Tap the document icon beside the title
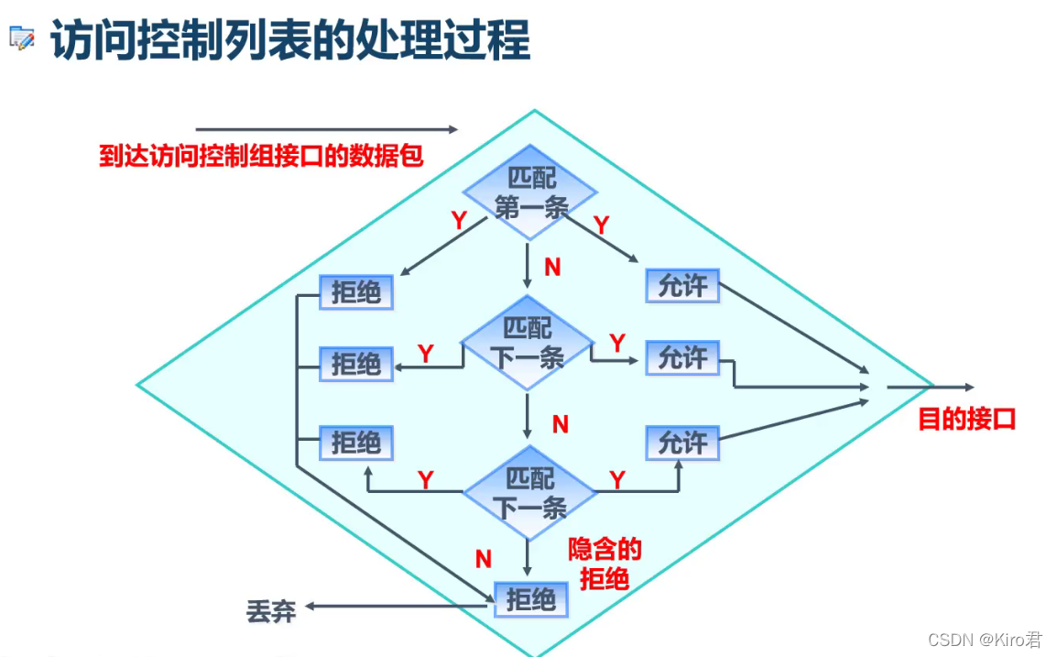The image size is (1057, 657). (x=21, y=38)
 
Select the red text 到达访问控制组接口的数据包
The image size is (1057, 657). (x=261, y=156)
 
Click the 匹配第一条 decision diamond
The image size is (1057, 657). (x=529, y=192)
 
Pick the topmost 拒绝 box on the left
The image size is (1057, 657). (x=356, y=292)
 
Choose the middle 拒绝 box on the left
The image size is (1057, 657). (x=355, y=364)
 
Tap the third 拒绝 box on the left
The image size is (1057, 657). (x=355, y=443)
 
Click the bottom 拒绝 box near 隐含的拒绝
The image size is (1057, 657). (x=531, y=600)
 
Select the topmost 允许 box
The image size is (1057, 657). (x=682, y=286)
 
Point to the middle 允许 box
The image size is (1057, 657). (x=682, y=358)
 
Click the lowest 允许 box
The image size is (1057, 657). (x=682, y=443)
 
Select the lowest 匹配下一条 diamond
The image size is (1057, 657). (x=529, y=492)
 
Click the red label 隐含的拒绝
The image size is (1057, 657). (x=605, y=564)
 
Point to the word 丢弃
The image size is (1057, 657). (x=271, y=611)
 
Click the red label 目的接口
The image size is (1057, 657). (x=967, y=420)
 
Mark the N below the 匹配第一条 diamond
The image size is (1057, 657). (x=552, y=267)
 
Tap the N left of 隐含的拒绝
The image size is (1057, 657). (x=484, y=558)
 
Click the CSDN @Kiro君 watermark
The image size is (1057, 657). (x=985, y=640)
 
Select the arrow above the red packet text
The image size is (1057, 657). (x=326, y=130)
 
